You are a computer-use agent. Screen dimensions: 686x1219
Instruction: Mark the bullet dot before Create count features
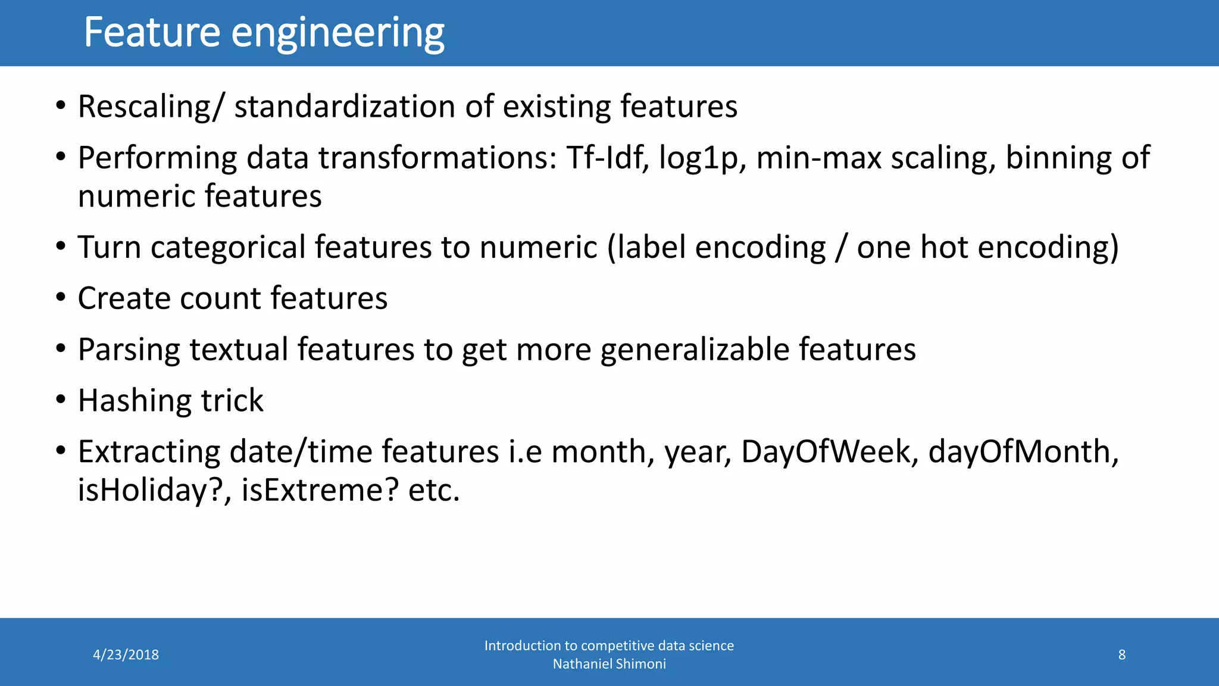coord(61,297)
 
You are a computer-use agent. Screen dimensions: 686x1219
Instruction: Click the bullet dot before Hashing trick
coord(61,400)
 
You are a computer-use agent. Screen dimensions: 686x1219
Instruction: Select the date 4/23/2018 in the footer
coord(126,655)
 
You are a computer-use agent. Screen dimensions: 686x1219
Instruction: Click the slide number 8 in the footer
coord(1121,655)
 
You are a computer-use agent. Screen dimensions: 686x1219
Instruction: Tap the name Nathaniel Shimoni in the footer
coord(609,664)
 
